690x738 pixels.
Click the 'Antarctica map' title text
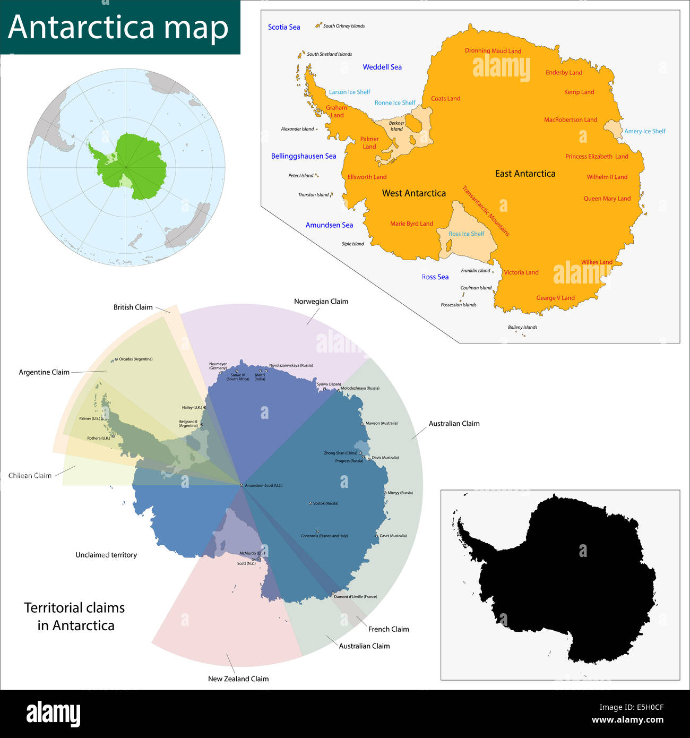(x=118, y=27)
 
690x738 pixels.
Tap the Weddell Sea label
(x=382, y=67)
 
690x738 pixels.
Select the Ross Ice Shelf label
(x=466, y=234)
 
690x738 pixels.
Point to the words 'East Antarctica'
(x=525, y=174)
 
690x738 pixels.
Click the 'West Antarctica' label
(x=414, y=193)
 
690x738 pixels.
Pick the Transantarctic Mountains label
(x=486, y=211)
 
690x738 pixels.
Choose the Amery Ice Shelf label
(x=644, y=131)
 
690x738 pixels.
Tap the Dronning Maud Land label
(x=493, y=51)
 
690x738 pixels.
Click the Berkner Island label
(x=396, y=126)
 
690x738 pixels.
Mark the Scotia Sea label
(x=284, y=27)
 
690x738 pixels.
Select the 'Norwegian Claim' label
(x=321, y=302)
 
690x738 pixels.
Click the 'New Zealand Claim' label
(x=238, y=679)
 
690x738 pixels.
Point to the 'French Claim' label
(x=389, y=629)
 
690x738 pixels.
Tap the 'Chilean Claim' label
(x=30, y=476)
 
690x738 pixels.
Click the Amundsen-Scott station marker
(x=241, y=485)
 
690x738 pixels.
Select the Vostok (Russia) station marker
(x=310, y=503)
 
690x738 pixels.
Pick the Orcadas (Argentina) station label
(x=135, y=359)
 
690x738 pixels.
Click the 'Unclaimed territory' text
(x=106, y=555)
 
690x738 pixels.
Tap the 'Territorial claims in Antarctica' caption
(x=75, y=616)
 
